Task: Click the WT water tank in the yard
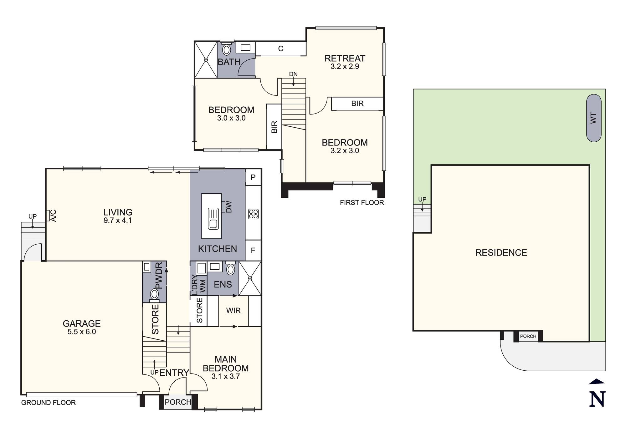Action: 593,118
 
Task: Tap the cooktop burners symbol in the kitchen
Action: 253,214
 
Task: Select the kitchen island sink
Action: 213,218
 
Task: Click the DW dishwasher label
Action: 229,207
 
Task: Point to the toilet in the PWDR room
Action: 154,294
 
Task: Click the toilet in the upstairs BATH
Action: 226,49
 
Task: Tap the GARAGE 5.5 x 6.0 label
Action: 82,327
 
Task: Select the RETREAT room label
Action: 345,58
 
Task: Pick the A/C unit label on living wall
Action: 53,216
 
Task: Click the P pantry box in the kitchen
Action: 253,177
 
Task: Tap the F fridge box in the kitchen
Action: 253,250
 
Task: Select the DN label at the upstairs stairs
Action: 293,74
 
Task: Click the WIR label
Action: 233,311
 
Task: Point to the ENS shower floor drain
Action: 250,278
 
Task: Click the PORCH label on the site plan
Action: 528,336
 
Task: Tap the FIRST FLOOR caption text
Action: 362,203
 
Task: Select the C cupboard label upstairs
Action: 281,49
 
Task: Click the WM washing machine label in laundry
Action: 203,286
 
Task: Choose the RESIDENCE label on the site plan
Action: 501,253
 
